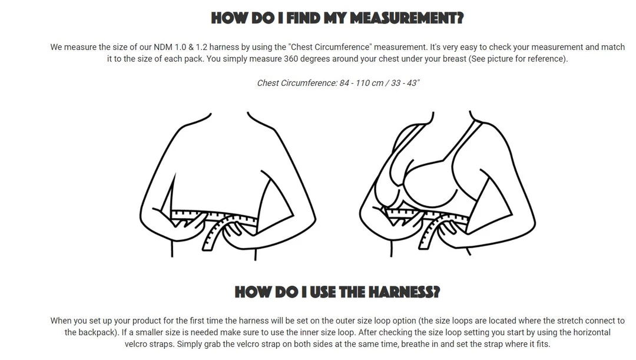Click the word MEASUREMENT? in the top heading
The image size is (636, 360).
click(406, 18)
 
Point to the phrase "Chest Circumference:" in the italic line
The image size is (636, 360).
click(297, 83)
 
